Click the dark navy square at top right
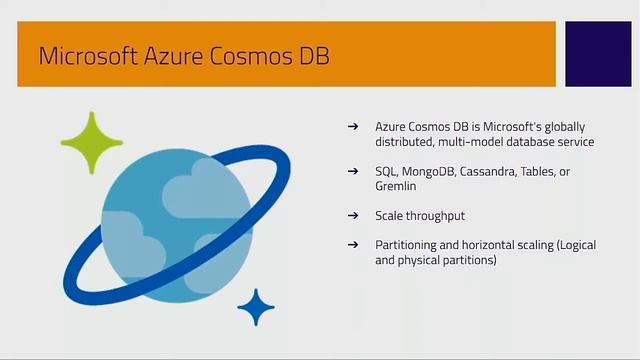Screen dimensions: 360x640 598,53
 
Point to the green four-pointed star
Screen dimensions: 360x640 91,143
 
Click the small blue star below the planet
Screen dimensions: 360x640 256,307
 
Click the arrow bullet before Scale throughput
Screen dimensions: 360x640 352,216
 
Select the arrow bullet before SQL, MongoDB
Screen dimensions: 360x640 352,172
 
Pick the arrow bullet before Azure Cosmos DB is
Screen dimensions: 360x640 352,127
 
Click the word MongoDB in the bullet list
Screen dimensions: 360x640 428,172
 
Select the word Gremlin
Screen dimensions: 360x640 396,186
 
